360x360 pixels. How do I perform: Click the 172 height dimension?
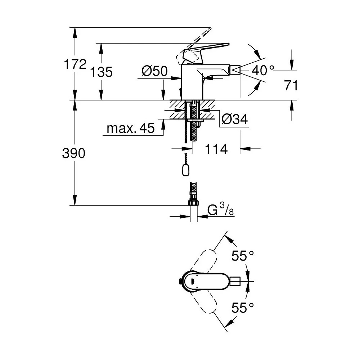tap(75, 64)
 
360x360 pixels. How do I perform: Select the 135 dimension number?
tap(101, 72)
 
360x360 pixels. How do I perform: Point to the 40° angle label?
tap(263, 70)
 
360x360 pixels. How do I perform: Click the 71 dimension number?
tap(291, 85)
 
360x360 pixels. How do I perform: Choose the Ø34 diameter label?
tap(235, 119)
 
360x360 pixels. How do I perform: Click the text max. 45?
tap(131, 128)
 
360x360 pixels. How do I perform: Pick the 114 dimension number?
tap(216, 149)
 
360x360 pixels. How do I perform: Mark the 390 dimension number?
tap(74, 153)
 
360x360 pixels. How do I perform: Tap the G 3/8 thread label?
tap(220, 210)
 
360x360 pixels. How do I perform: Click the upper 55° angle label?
tap(243, 256)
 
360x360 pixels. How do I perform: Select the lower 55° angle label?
tap(243, 308)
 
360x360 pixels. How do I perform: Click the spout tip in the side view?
tap(235, 69)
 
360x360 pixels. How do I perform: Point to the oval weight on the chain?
tap(185, 170)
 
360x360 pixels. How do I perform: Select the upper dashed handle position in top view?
tap(203, 261)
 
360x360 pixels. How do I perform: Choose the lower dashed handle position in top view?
tap(203, 301)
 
